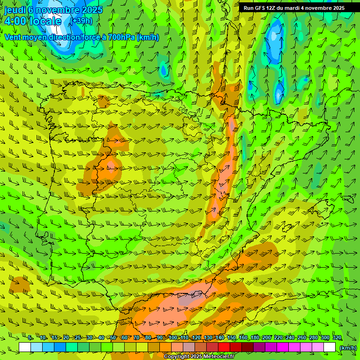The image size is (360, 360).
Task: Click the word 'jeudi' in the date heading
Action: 15,10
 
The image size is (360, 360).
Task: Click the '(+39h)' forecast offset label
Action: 82,21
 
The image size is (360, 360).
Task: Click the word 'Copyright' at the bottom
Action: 176,356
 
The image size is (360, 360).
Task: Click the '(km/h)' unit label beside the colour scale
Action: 348,347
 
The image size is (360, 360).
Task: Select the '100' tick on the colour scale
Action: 172,338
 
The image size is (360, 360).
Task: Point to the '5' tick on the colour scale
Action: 30,338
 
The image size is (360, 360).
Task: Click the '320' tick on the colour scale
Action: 337,338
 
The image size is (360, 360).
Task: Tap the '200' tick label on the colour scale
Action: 266,338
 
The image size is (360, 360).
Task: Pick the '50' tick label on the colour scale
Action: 113,338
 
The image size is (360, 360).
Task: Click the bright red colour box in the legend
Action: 224,347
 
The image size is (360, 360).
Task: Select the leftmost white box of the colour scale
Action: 25,347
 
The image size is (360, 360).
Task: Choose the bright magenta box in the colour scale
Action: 283,347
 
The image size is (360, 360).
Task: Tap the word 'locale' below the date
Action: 45,21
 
